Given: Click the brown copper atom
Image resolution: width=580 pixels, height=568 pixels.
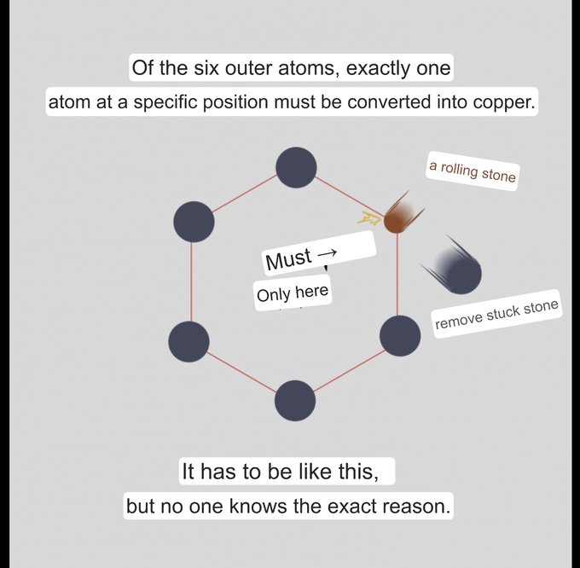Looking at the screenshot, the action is click(x=397, y=219).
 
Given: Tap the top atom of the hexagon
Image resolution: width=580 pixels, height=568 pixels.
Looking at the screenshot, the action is click(x=296, y=167).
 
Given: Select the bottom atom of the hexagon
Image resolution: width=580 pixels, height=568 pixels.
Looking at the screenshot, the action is click(x=295, y=401).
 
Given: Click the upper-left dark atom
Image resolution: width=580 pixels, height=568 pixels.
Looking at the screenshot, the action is click(x=194, y=222).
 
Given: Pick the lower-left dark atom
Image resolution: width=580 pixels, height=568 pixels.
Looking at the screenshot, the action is click(x=189, y=341).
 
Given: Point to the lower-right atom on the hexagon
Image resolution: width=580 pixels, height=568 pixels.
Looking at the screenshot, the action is click(x=399, y=335).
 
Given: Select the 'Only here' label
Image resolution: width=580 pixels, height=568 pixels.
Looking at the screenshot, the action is click(x=292, y=294).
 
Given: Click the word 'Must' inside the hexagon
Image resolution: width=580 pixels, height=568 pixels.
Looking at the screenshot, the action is click(x=288, y=260).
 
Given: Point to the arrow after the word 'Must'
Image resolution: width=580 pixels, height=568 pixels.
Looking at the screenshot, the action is click(x=328, y=253).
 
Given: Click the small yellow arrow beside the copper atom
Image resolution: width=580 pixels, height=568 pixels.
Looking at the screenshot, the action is click(x=369, y=218).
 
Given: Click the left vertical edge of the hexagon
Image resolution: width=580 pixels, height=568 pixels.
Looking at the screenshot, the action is click(x=191, y=281).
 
